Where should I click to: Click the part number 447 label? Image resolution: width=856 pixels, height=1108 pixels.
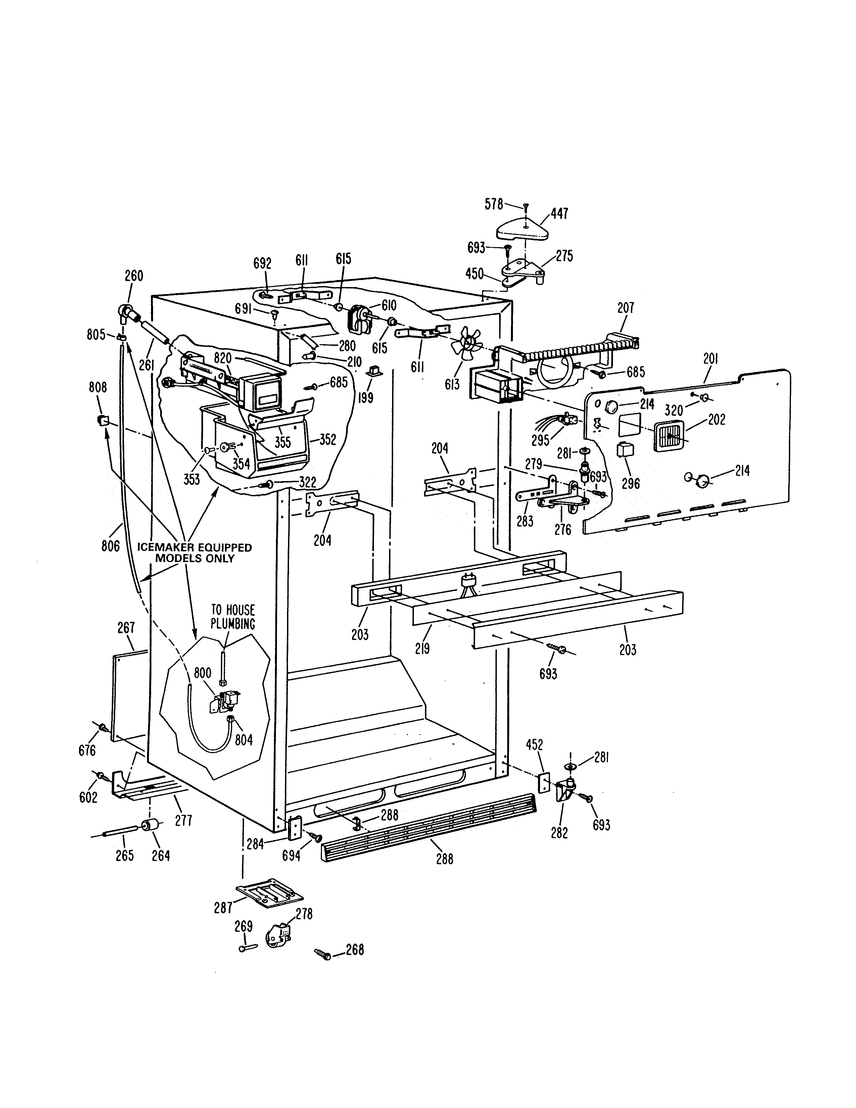click(559, 214)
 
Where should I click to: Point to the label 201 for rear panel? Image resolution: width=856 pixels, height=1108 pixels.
click(710, 359)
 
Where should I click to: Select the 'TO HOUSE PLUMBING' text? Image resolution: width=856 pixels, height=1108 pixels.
click(233, 617)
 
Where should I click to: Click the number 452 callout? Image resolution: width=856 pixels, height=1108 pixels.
click(534, 745)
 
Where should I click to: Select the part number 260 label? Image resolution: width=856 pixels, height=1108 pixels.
click(134, 276)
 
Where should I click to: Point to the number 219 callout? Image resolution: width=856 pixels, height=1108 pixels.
click(422, 648)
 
